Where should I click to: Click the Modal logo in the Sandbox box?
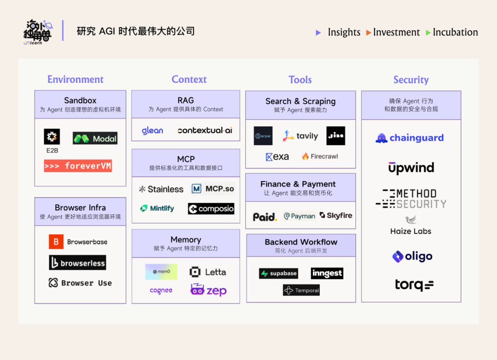coord(95,138)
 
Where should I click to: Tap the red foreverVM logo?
coord(78,166)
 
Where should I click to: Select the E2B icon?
coord(52,137)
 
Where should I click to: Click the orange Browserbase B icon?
coord(56,242)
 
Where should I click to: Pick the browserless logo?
coord(77,263)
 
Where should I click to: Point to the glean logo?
coord(152,131)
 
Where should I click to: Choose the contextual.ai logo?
coord(205,131)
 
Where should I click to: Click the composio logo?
coord(211,209)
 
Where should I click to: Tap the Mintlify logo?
coord(157,208)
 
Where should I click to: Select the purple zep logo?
coord(208,290)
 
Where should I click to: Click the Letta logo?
coord(208,272)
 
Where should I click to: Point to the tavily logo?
coord(301,136)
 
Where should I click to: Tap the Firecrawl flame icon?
coord(305,156)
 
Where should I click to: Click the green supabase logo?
coord(278,274)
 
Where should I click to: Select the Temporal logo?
coord(301,290)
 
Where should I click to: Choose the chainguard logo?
coord(410,138)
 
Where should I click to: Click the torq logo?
coord(414,285)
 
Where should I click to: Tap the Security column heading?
coord(411,80)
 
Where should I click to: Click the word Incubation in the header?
coord(455,32)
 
